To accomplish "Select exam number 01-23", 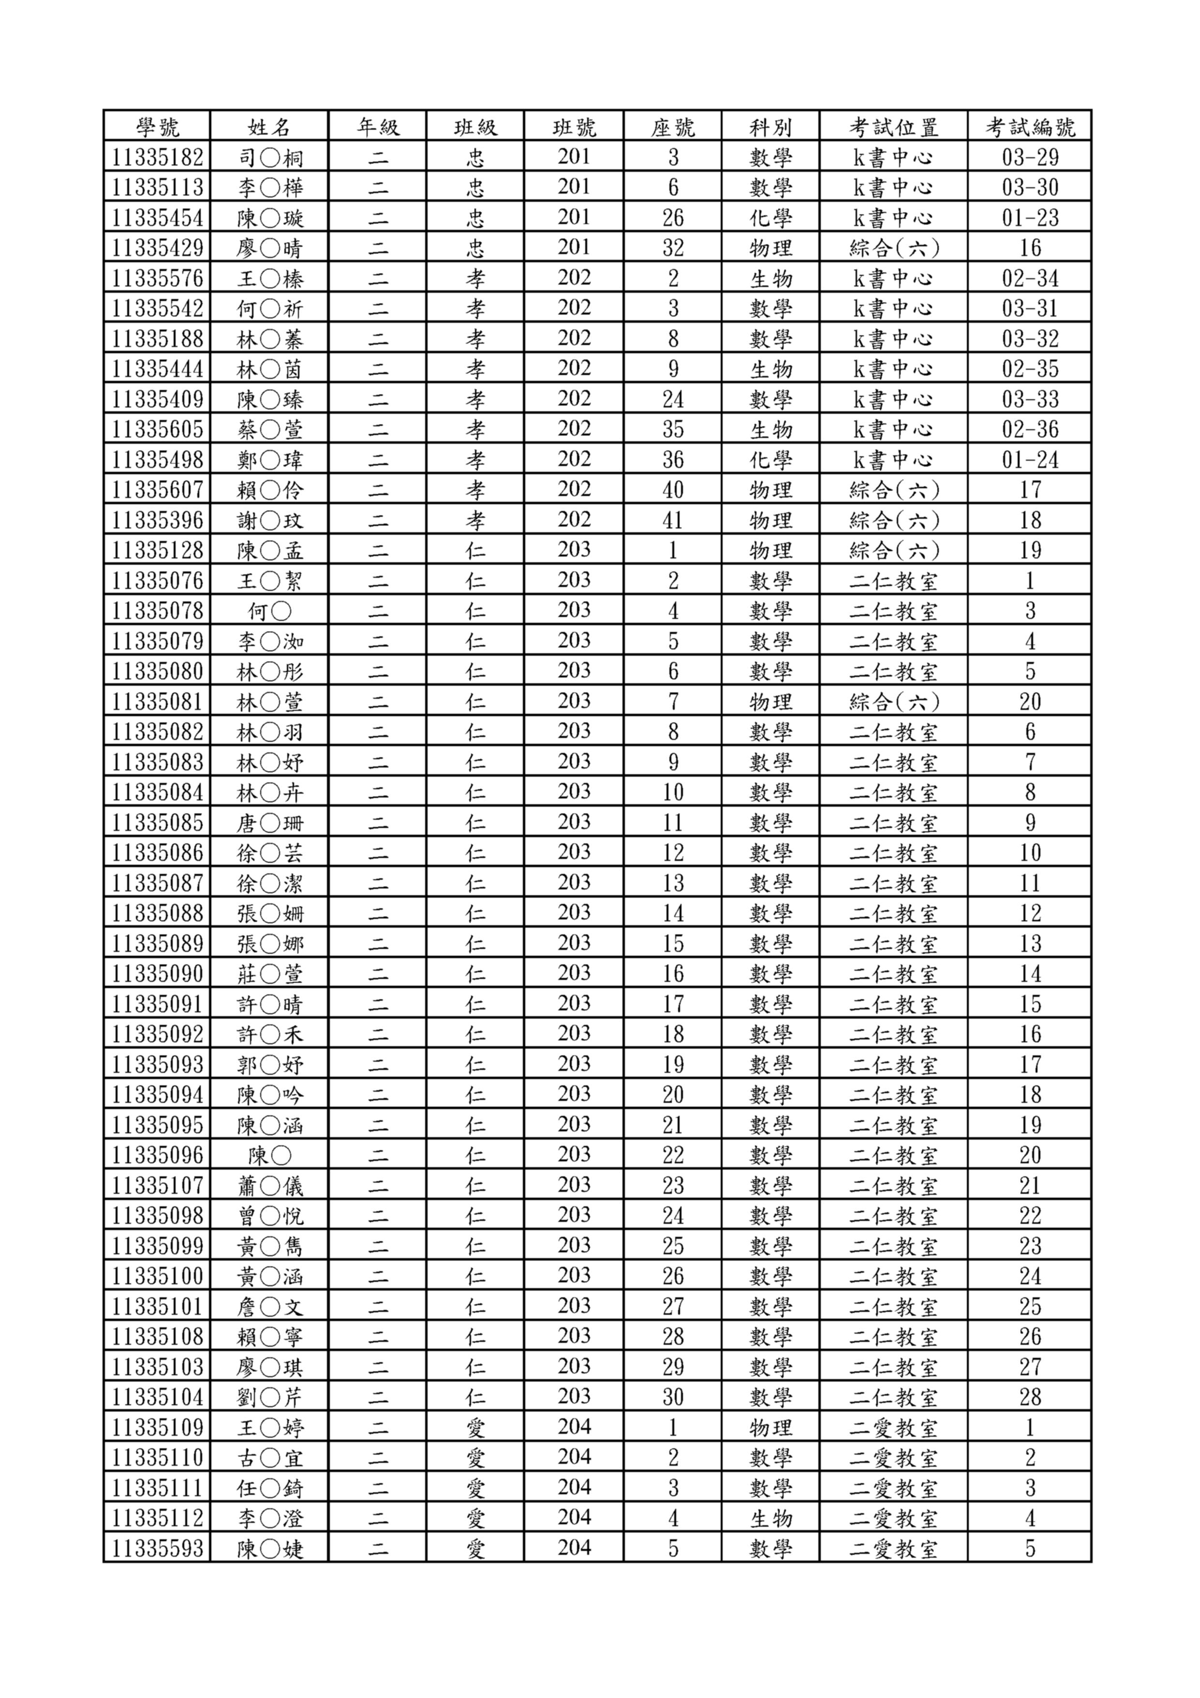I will click(x=1030, y=217).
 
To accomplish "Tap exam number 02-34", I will click(x=1030, y=278).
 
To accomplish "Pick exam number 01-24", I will click(x=1030, y=459).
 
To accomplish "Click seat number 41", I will click(x=673, y=520).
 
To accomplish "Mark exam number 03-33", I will click(x=1030, y=399).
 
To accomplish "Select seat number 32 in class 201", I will click(x=673, y=248).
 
